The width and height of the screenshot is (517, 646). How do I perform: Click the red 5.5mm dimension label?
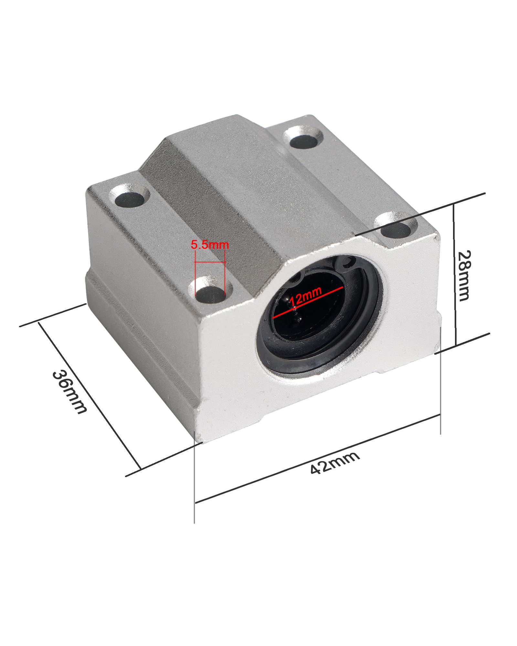[x=210, y=245]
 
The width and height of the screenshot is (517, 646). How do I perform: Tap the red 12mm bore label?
[x=305, y=296]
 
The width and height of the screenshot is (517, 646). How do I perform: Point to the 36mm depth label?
[x=69, y=391]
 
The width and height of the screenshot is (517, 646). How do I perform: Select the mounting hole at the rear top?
[x=303, y=138]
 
